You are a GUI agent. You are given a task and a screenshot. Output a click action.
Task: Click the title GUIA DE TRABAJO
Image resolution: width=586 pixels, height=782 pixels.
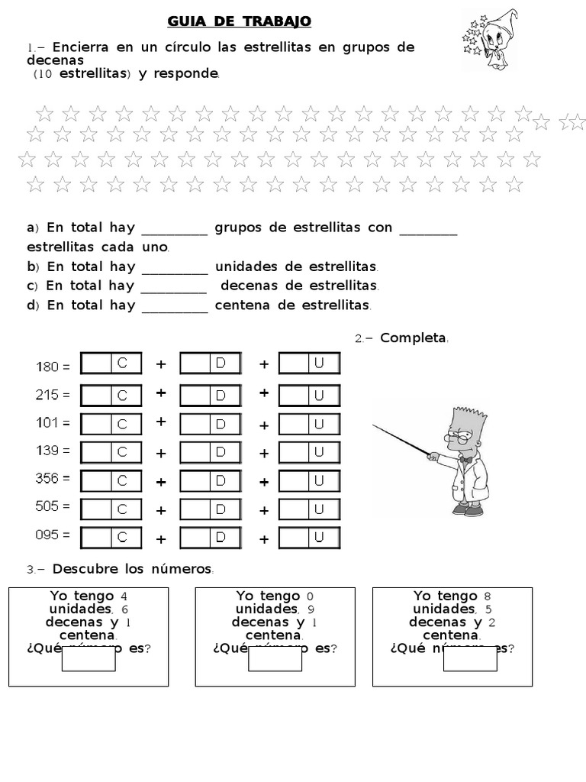point(239,21)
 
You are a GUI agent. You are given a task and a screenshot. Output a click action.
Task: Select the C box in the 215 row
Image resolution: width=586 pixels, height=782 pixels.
point(111,395)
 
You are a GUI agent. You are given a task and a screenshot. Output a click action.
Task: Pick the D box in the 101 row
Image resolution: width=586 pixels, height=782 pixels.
point(210,424)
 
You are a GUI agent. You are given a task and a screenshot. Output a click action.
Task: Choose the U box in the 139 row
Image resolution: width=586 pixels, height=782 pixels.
point(309,452)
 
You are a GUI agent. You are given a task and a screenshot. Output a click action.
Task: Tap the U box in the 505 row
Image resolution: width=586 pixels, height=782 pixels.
point(309,509)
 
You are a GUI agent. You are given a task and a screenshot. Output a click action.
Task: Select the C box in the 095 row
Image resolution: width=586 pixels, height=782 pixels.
point(111,538)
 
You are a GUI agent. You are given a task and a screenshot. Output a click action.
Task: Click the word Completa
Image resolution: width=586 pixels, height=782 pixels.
point(413,338)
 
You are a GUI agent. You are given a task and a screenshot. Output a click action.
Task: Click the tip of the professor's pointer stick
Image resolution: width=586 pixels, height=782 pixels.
point(374,425)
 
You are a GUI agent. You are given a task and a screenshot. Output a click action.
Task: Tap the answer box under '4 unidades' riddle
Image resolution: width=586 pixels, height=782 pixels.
point(89,658)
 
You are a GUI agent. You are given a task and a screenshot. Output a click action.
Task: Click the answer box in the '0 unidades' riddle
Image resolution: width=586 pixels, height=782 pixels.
point(275,658)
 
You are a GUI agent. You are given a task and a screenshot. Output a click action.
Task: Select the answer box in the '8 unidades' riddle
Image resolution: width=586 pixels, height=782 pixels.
point(470,658)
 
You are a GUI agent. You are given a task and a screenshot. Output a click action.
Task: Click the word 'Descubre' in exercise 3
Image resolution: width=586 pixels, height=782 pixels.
point(83,570)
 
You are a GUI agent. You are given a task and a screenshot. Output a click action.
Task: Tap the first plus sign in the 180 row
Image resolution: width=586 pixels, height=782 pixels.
point(161,365)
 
